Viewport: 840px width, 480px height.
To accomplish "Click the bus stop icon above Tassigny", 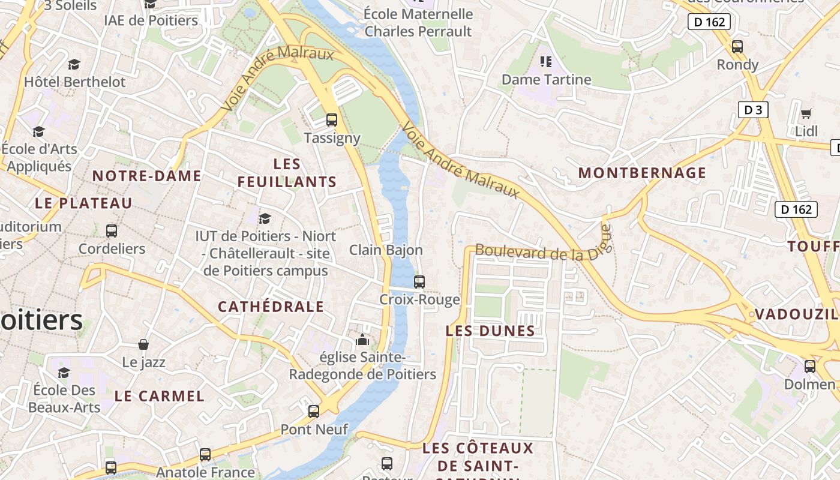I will coord(332,119).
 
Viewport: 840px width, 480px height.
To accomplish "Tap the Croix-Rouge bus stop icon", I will coord(419,281).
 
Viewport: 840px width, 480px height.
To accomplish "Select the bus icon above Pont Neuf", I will coord(314,411).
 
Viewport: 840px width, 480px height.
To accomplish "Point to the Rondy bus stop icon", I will coord(737,46).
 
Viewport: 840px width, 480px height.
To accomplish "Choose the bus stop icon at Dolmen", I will coord(810,366).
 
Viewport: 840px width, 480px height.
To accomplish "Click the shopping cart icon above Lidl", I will coord(806,113).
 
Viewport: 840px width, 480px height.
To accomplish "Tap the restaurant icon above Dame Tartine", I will coord(546,61).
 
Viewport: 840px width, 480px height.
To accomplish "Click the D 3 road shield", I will coord(753,110).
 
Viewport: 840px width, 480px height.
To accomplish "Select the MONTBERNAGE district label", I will coord(642,173).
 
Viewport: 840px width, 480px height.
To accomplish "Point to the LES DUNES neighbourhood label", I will coord(490,331).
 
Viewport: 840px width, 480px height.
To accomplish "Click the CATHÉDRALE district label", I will coord(271,307).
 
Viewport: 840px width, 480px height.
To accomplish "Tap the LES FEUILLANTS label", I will coord(287,173).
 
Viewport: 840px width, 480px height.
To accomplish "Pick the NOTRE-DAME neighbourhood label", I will coord(147,176).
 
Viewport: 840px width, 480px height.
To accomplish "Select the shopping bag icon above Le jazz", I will coord(143,344).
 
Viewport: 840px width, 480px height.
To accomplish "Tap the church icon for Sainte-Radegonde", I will coord(362,340).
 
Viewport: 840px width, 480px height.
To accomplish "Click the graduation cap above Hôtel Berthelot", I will coord(74,64).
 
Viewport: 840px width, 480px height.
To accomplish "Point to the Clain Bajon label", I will coord(386,250).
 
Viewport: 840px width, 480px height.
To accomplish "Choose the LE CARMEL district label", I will coord(160,396).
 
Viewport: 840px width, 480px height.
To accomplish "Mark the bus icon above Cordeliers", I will coord(112,230).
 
